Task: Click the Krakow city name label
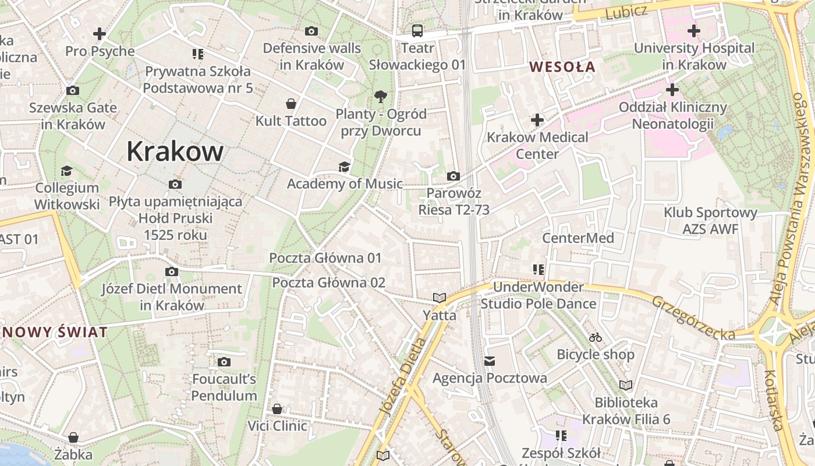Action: tap(175, 151)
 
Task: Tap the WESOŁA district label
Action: tap(562, 66)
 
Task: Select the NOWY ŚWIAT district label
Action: tap(55, 333)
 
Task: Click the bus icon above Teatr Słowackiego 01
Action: tap(417, 31)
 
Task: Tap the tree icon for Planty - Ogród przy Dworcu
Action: tap(381, 96)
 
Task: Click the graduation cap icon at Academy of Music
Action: tap(345, 167)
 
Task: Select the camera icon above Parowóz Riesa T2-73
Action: tap(453, 176)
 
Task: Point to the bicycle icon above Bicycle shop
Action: tap(595, 337)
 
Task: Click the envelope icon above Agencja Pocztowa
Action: tap(490, 361)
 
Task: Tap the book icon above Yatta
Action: tap(440, 298)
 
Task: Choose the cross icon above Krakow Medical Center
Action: tap(537, 120)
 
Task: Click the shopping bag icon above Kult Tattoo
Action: tap(290, 104)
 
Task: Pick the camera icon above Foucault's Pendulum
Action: tap(224, 362)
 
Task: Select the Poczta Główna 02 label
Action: tap(329, 283)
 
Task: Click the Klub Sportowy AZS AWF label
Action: tap(710, 221)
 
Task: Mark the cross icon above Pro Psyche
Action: tap(100, 34)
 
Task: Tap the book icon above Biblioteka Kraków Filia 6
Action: tap(626, 385)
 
